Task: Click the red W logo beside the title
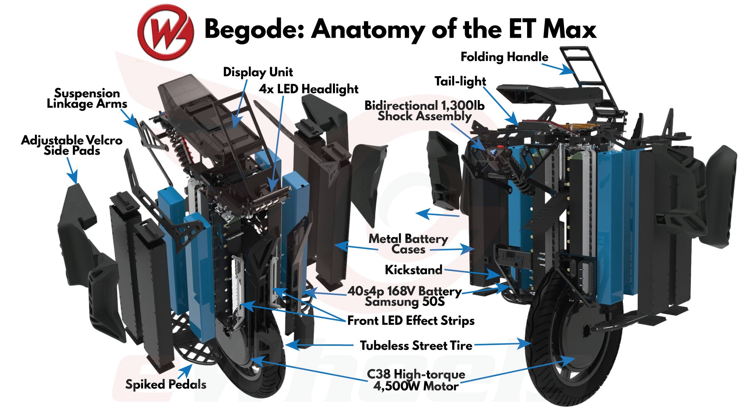[165, 31]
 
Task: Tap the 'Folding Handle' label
[504, 57]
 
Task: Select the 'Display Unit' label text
[258, 72]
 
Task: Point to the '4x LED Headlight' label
[308, 89]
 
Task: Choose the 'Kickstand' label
[413, 270]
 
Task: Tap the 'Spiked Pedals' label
[166, 384]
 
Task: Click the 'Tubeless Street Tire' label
[416, 346]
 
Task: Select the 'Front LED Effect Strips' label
[411, 321]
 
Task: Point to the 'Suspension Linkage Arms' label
[87, 99]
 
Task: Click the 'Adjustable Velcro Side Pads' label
[72, 145]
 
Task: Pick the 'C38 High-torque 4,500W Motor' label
[416, 380]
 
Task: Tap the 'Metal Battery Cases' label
[408, 244]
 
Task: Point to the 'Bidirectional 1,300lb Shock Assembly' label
[424, 111]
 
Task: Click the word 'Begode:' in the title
[255, 29]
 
